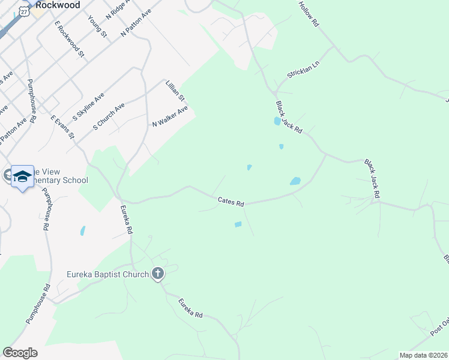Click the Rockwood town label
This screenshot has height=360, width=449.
pyautogui.click(x=58, y=4)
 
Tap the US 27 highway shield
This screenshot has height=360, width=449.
pyautogui.click(x=23, y=11)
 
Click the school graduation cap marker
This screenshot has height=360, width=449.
pyautogui.click(x=22, y=175)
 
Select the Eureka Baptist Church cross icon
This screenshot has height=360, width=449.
pyautogui.click(x=158, y=274)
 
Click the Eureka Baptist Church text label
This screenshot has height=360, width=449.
pyautogui.click(x=107, y=275)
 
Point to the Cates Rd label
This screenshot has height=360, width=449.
pyautogui.click(x=231, y=202)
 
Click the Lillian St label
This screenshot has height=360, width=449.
pyautogui.click(x=176, y=90)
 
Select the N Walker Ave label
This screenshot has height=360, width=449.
pyautogui.click(x=170, y=116)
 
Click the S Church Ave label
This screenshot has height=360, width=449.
pyautogui.click(x=109, y=116)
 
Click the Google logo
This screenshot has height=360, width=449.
pyautogui.click(x=20, y=353)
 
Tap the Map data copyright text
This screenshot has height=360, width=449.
pyautogui.click(x=423, y=355)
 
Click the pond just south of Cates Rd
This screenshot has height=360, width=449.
pyautogui.click(x=238, y=224)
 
